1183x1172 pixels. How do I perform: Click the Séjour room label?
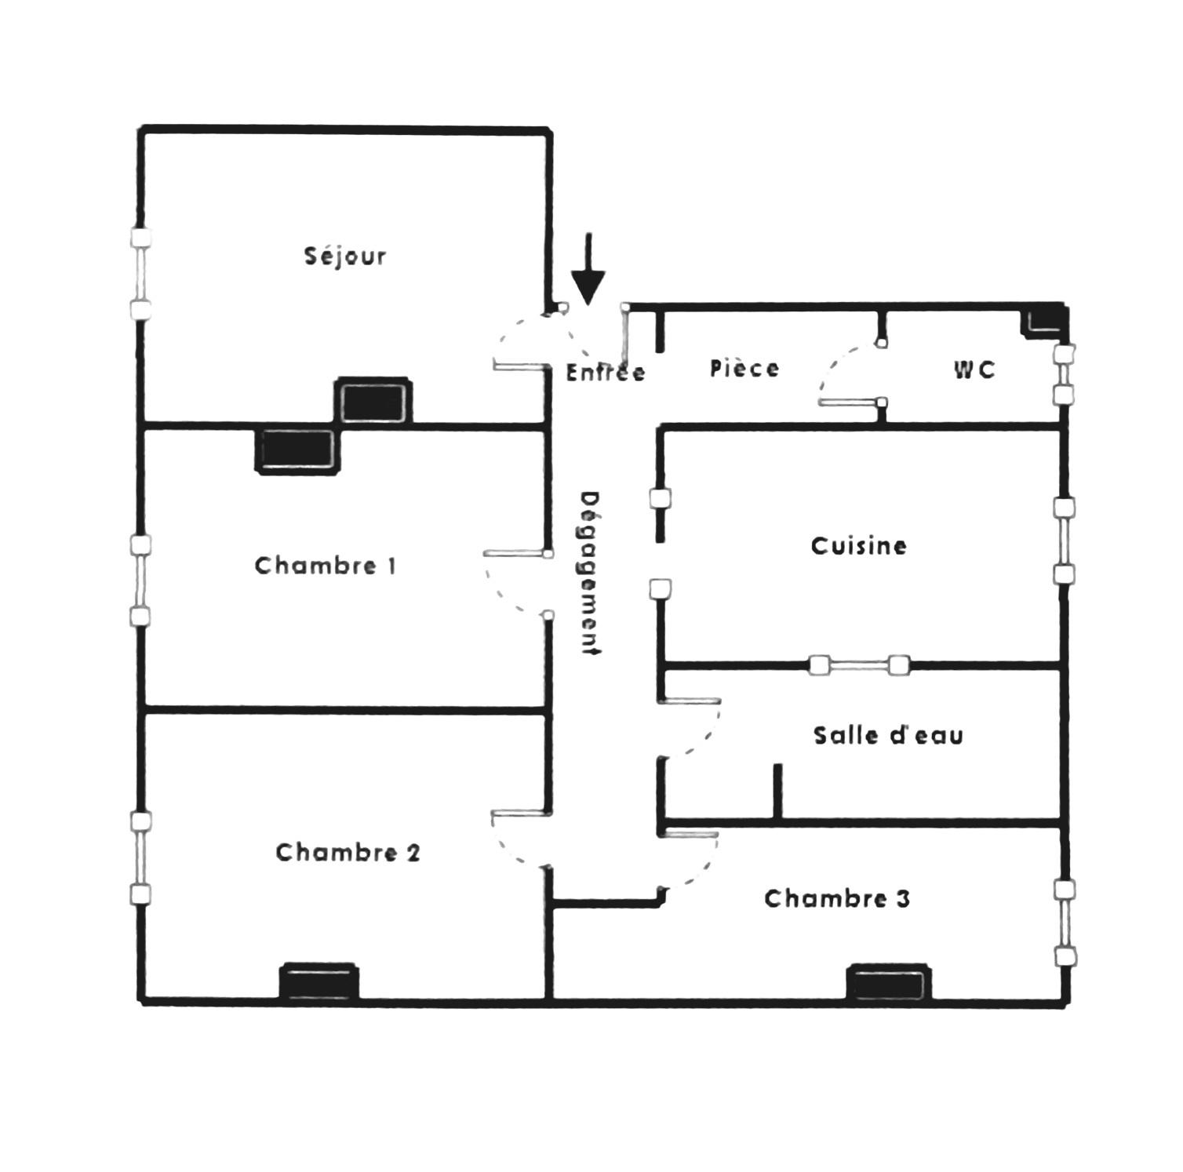click(345, 257)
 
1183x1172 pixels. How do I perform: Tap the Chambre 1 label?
click(326, 566)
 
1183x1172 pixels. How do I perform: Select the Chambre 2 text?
click(348, 852)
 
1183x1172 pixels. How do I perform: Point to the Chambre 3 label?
click(837, 898)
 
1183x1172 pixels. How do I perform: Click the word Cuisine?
click(859, 545)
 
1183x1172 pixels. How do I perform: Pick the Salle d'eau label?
click(888, 735)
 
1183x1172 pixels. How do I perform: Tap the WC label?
click(974, 369)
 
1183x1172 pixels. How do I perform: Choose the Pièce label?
click(744, 368)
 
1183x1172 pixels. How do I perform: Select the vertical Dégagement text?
click(590, 573)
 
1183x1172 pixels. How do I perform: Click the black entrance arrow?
click(588, 269)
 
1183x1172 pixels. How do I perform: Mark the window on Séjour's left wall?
click(140, 273)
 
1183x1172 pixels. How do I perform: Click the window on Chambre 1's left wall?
click(140, 581)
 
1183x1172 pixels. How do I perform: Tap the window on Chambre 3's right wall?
click(1065, 923)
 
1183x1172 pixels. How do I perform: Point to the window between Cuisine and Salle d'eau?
click(859, 666)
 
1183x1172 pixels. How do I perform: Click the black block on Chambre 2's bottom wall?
click(319, 982)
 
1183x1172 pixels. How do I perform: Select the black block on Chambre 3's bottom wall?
click(890, 983)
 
